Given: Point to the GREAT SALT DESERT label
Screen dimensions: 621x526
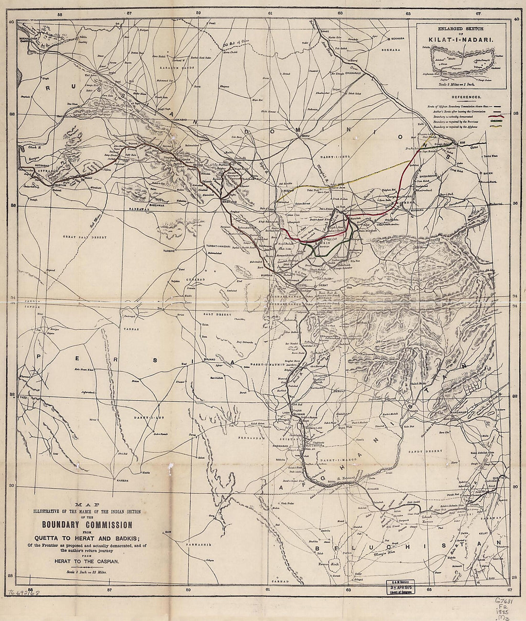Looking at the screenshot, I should point(84,237).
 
